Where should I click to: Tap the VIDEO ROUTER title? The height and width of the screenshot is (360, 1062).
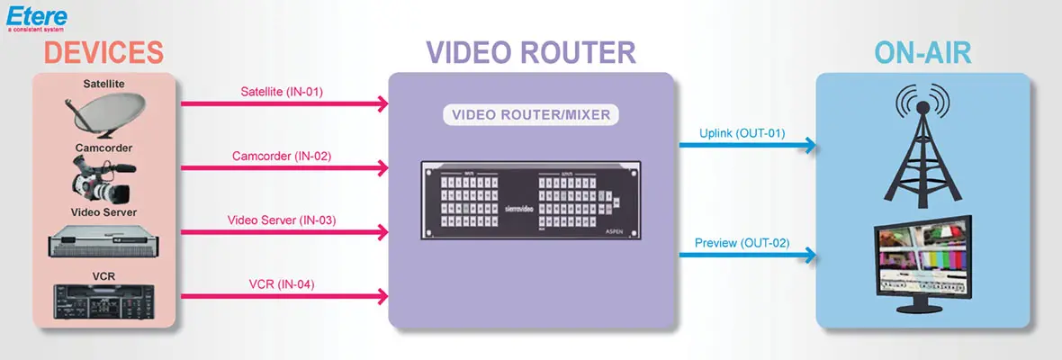(x=531, y=52)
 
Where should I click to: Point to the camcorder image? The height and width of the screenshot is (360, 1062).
(x=103, y=178)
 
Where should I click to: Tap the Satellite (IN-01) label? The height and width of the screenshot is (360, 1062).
(x=282, y=92)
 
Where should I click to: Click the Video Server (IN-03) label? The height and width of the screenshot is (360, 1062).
(x=282, y=220)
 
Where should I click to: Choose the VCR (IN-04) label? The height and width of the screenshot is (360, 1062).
(x=282, y=284)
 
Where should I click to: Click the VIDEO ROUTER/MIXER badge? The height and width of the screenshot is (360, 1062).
(x=531, y=116)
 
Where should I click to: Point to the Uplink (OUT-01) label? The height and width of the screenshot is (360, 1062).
(x=742, y=134)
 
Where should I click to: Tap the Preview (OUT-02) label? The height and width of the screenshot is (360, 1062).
(x=743, y=242)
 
